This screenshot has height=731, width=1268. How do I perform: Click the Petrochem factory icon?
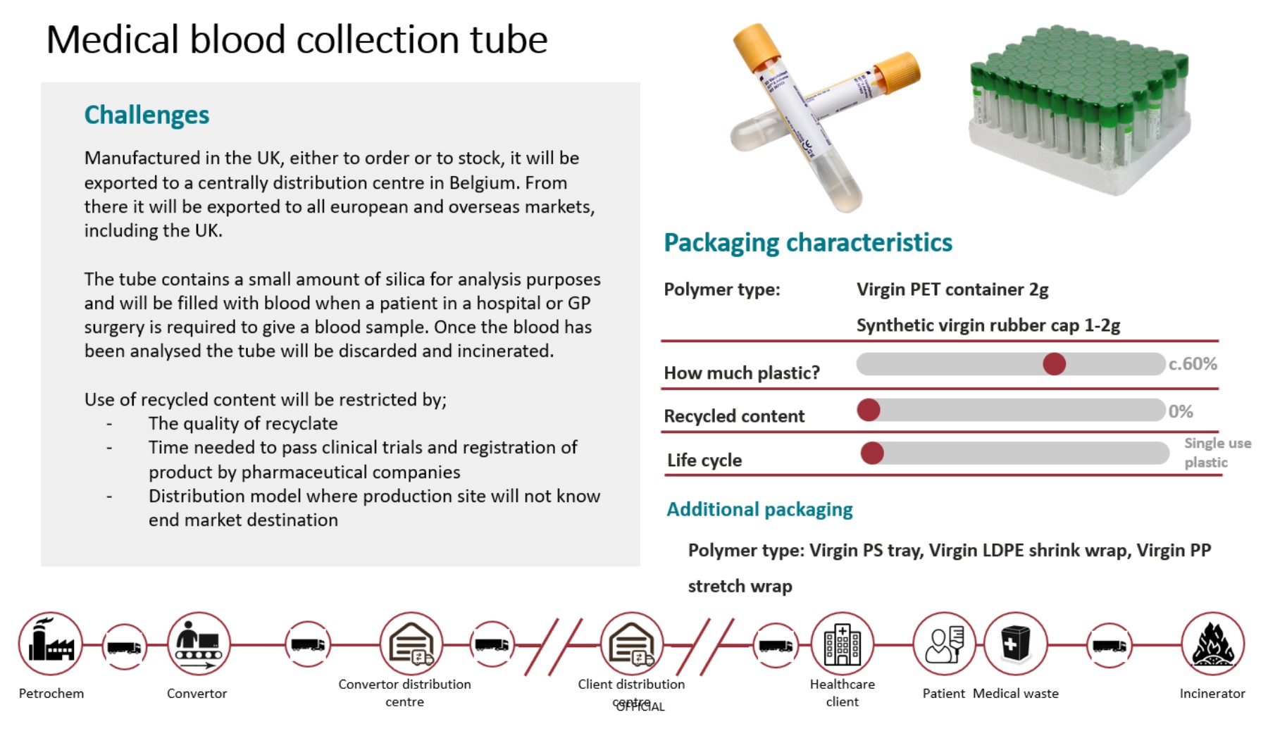click(50, 643)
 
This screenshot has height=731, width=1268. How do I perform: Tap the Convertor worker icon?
click(199, 643)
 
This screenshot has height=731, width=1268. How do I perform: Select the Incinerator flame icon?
click(1212, 644)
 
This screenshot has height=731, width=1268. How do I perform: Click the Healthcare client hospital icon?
click(842, 644)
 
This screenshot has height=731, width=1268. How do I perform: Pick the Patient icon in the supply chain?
click(944, 644)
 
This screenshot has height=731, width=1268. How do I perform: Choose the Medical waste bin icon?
click(1015, 644)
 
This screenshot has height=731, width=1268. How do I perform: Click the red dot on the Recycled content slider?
click(869, 410)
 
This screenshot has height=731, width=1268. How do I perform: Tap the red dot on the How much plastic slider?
click(1054, 364)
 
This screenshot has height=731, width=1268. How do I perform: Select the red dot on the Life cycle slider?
click(872, 453)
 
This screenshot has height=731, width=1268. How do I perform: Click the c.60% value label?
click(1193, 364)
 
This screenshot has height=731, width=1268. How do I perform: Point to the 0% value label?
click(1181, 411)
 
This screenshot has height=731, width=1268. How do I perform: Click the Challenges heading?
click(147, 115)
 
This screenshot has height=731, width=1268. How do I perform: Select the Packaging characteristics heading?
click(808, 243)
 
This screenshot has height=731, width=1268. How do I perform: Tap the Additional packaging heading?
click(759, 509)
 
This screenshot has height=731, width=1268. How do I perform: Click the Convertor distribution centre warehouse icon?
click(411, 644)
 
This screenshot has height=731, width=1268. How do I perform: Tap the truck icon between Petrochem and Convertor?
click(124, 646)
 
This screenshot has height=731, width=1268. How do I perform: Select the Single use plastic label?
click(1217, 452)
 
